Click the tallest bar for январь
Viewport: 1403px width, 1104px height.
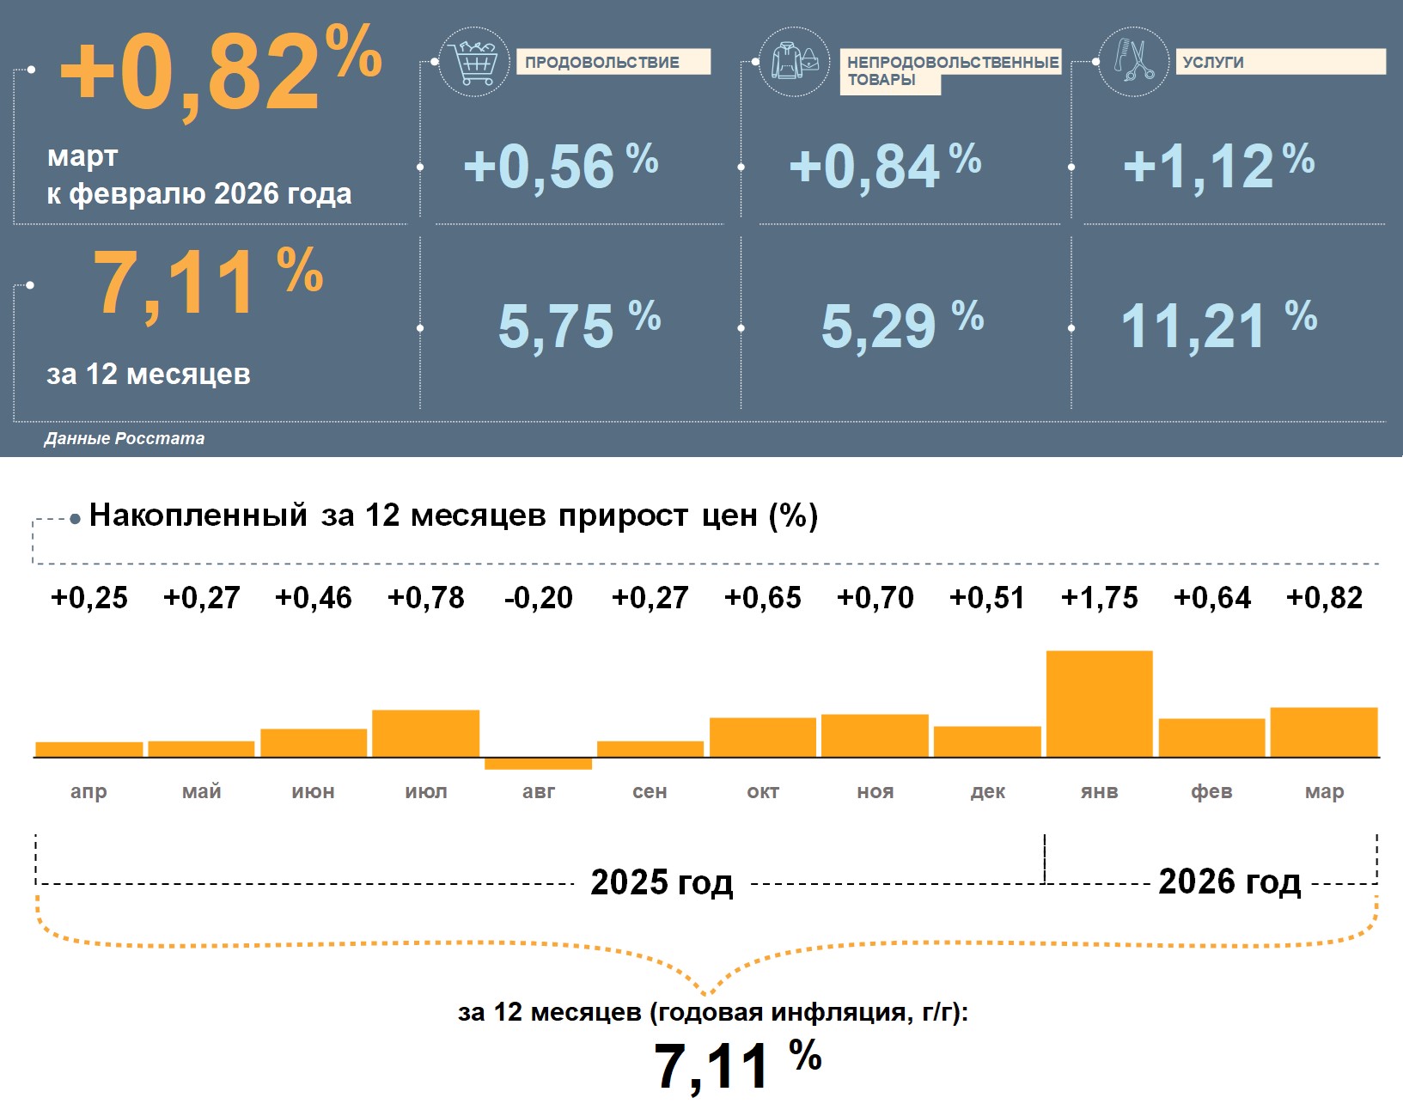[x=1099, y=704]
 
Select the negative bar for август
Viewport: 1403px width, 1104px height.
[x=538, y=764]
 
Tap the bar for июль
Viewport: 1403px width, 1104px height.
[x=425, y=733]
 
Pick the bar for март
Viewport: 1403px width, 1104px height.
[x=1323, y=732]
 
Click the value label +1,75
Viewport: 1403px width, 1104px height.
[x=1099, y=598]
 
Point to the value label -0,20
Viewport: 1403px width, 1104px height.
[x=538, y=598]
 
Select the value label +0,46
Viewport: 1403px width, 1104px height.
[x=313, y=598]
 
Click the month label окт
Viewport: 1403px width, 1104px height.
[x=763, y=791]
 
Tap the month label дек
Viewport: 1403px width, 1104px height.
[x=987, y=791]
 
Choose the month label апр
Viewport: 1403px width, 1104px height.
[x=88, y=791]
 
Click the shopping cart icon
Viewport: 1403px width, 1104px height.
[x=473, y=62]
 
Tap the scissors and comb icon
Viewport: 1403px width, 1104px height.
[x=1134, y=61]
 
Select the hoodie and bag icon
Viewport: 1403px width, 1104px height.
[x=795, y=62]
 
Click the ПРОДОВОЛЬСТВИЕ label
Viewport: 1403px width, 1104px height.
[x=613, y=62]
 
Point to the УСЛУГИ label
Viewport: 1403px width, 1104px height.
[x=1280, y=62]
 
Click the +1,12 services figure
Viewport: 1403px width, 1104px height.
[x=1217, y=166]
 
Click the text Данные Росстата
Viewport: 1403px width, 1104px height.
[x=125, y=438]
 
